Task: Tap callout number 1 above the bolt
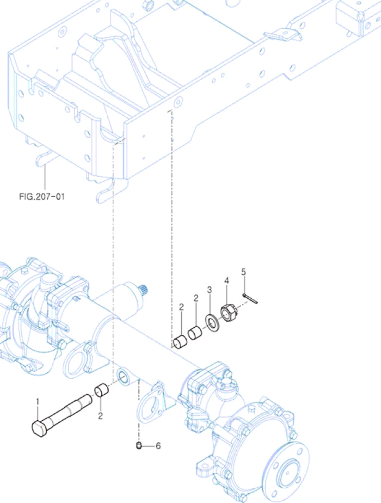pos(38,402)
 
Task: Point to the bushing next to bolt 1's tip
pos(102,391)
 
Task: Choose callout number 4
pos(227,281)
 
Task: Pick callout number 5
pos(243,271)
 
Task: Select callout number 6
pos(158,446)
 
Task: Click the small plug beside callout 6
pos(139,446)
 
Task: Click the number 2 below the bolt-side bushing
pos(100,416)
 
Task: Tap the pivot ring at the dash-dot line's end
pos(123,375)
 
